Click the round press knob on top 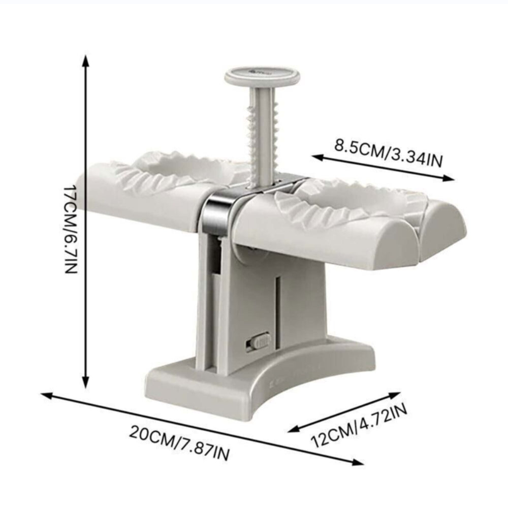(x=262, y=76)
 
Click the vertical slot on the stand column (x=277, y=310)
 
